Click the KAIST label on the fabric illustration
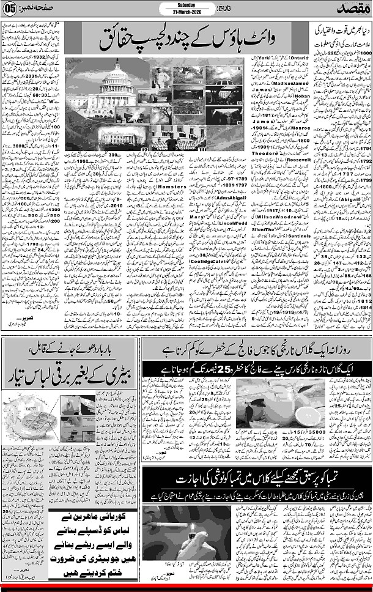(19, 398)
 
